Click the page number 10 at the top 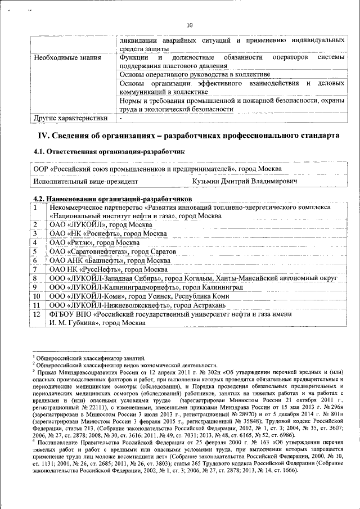click(x=190, y=25)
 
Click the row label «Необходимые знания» click(x=67, y=58)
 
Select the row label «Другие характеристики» click(x=70, y=119)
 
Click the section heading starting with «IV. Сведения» click(x=188, y=136)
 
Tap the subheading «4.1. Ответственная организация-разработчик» click(x=109, y=152)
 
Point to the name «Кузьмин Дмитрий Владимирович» click(x=245, y=182)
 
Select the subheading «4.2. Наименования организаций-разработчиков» click(x=112, y=199)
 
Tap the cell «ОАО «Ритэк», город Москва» click(x=95, y=242)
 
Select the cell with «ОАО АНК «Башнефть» click(x=110, y=260)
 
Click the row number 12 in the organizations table click(x=37, y=314)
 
